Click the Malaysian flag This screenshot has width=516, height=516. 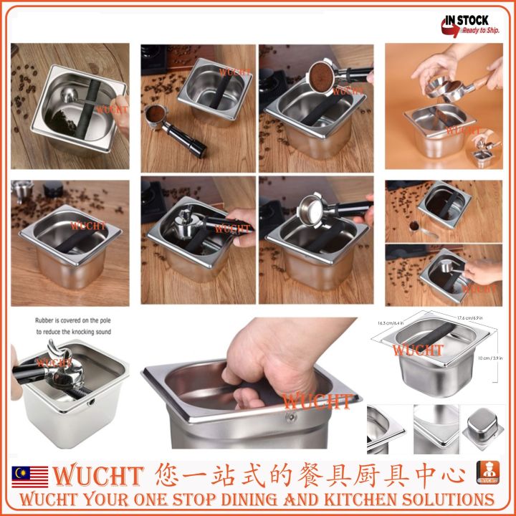[30, 476]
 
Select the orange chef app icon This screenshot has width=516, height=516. [488, 474]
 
